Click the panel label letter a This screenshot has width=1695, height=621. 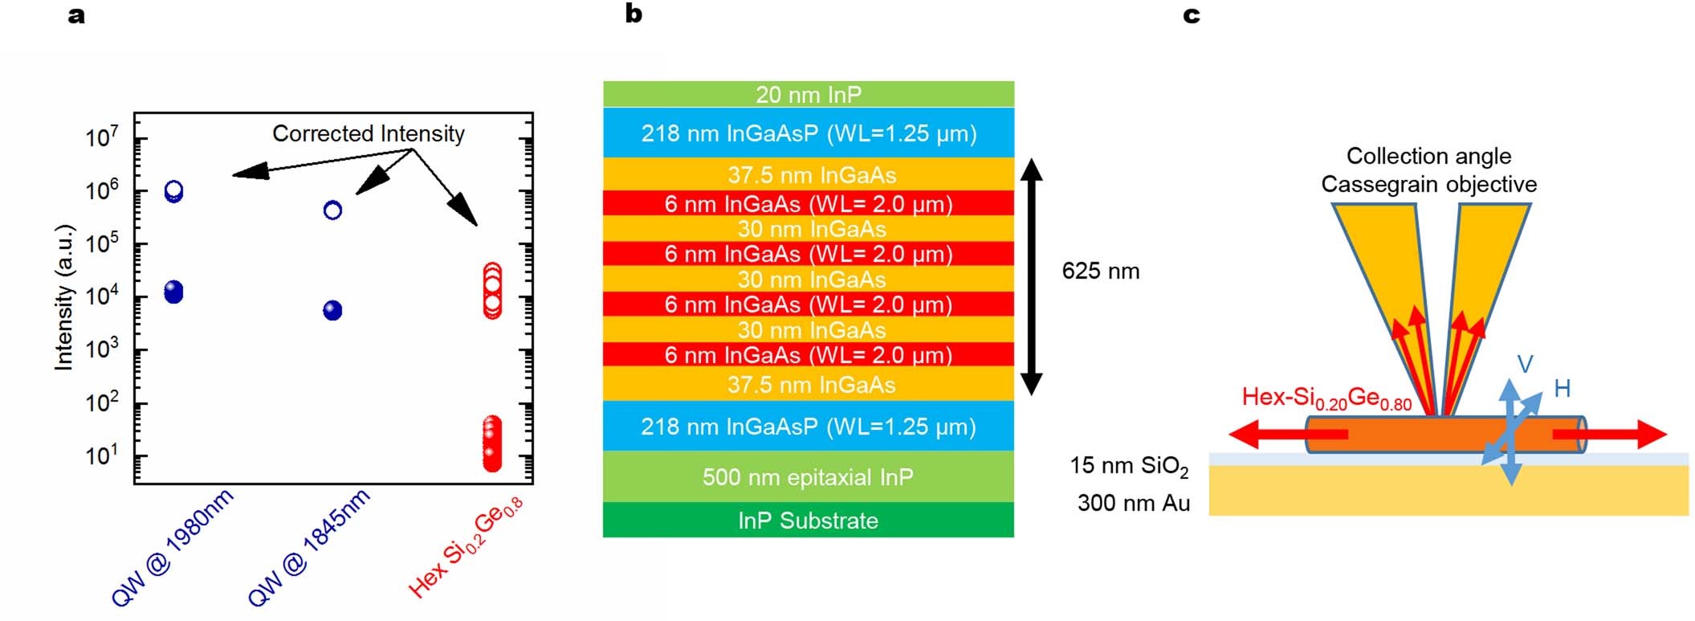[x=76, y=15]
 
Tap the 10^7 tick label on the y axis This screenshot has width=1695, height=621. [x=102, y=137]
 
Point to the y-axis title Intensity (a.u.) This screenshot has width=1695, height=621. [x=63, y=296]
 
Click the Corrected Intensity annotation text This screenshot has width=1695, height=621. [x=369, y=133]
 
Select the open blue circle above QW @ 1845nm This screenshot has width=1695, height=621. [x=332, y=210]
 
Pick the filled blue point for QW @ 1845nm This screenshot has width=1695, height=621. [x=332, y=310]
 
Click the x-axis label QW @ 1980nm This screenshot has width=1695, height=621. [x=172, y=547]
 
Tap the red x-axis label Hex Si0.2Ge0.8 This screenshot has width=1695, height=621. [x=465, y=548]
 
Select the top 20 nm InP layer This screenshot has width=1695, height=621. [x=809, y=94]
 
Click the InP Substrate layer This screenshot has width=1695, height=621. [x=809, y=521]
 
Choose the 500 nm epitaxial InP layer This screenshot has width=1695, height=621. [x=809, y=477]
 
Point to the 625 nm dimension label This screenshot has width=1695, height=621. [x=1100, y=272]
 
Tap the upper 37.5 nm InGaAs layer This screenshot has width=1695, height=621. [x=809, y=174]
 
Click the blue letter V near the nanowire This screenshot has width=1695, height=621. [x=1525, y=365]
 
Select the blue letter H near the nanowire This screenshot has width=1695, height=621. [x=1563, y=389]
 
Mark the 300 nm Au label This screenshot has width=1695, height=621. [x=1133, y=504]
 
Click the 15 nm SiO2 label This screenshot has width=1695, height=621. [x=1128, y=466]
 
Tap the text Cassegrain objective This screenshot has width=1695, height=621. [x=1428, y=185]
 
